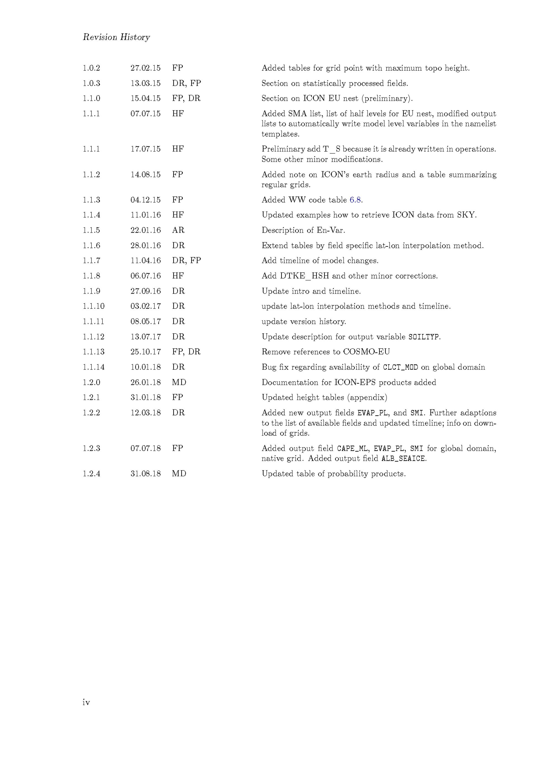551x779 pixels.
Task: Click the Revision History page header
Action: (x=116, y=37)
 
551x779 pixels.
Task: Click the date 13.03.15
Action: (x=145, y=83)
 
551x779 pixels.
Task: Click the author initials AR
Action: (x=178, y=230)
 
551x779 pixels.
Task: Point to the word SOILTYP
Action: (x=424, y=337)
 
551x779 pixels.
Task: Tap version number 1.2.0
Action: (x=91, y=382)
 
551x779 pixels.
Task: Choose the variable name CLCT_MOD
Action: (x=400, y=367)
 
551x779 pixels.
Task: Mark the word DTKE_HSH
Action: (x=304, y=276)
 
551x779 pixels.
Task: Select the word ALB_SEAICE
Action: (x=403, y=459)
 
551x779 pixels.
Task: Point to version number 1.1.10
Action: (x=93, y=306)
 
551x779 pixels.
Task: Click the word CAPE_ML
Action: (x=352, y=448)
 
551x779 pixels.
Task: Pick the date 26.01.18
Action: (x=145, y=382)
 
